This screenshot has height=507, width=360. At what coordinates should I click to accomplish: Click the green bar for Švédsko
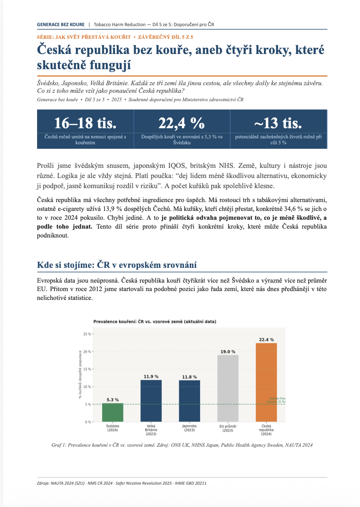(x=113, y=412)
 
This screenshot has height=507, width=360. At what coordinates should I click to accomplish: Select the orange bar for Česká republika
(x=266, y=382)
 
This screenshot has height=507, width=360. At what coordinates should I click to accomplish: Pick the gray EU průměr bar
(x=228, y=388)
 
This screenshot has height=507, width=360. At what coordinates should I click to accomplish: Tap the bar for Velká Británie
(x=151, y=401)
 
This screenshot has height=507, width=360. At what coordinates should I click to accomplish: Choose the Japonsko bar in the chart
(x=189, y=401)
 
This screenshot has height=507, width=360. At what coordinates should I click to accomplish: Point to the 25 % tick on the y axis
(x=87, y=334)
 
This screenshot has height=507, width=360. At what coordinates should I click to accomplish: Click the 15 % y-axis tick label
(x=87, y=369)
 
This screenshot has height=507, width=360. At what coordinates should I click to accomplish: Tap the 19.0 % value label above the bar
(x=228, y=351)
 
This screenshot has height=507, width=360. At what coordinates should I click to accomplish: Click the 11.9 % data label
(x=151, y=376)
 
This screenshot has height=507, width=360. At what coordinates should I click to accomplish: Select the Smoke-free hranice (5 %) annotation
(x=276, y=400)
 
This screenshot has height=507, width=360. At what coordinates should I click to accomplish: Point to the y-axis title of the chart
(x=80, y=375)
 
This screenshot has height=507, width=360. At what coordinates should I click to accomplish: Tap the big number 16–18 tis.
(x=85, y=123)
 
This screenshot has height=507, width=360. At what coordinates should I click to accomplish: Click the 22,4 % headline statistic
(x=181, y=123)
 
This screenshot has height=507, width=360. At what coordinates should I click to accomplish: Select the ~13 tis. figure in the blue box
(x=278, y=123)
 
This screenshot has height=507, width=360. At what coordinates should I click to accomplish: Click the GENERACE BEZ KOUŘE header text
(x=61, y=24)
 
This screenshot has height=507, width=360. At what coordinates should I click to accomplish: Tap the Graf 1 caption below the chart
(x=182, y=445)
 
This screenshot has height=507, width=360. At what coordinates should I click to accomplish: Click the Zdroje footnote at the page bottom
(x=122, y=483)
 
